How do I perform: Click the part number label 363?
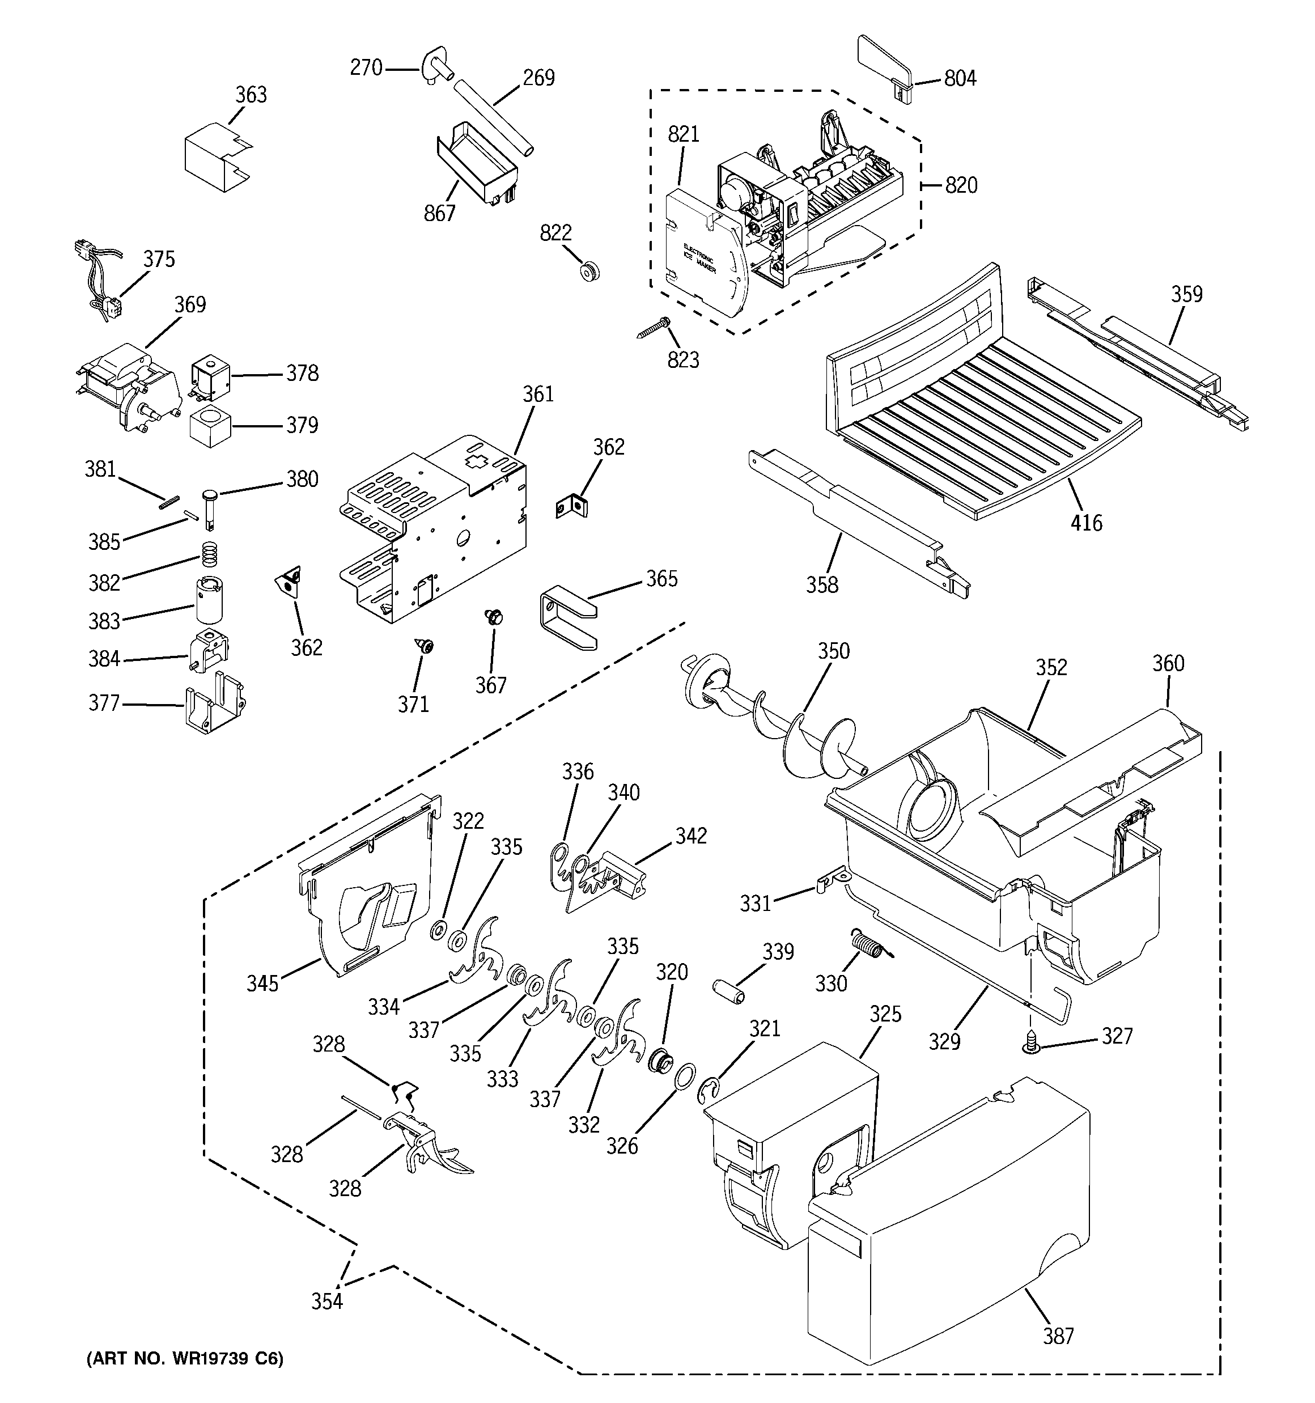(x=251, y=95)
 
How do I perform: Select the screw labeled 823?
(x=654, y=328)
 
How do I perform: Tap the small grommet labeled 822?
(x=587, y=271)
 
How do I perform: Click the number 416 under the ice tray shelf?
(x=1085, y=523)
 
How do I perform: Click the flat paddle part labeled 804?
(x=883, y=67)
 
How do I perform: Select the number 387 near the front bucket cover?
(x=1057, y=1335)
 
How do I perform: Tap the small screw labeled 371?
(x=425, y=645)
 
